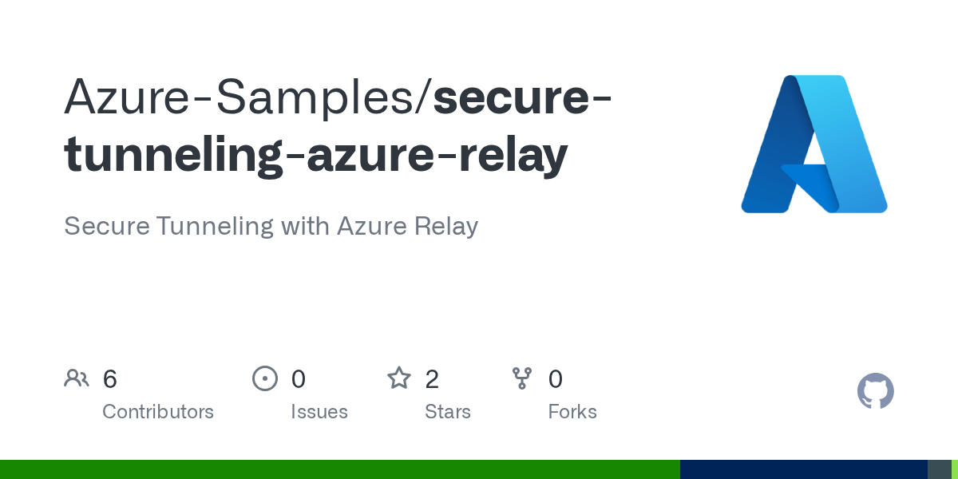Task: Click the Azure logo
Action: (814, 144)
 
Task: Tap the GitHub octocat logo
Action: (875, 391)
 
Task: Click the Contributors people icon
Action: (77, 378)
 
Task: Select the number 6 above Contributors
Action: (110, 379)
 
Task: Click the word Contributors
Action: (158, 412)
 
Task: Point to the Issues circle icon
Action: (264, 378)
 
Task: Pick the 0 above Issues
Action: (298, 379)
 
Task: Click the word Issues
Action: (319, 412)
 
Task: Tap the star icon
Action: (398, 378)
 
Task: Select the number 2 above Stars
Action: (432, 379)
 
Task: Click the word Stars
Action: (447, 412)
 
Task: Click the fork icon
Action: (522, 378)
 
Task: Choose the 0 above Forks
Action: (556, 379)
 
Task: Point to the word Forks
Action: (572, 412)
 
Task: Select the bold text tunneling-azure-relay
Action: (316, 154)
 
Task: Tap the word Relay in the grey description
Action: (446, 226)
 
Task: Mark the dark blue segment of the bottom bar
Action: (803, 469)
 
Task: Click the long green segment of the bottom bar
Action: (339, 469)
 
